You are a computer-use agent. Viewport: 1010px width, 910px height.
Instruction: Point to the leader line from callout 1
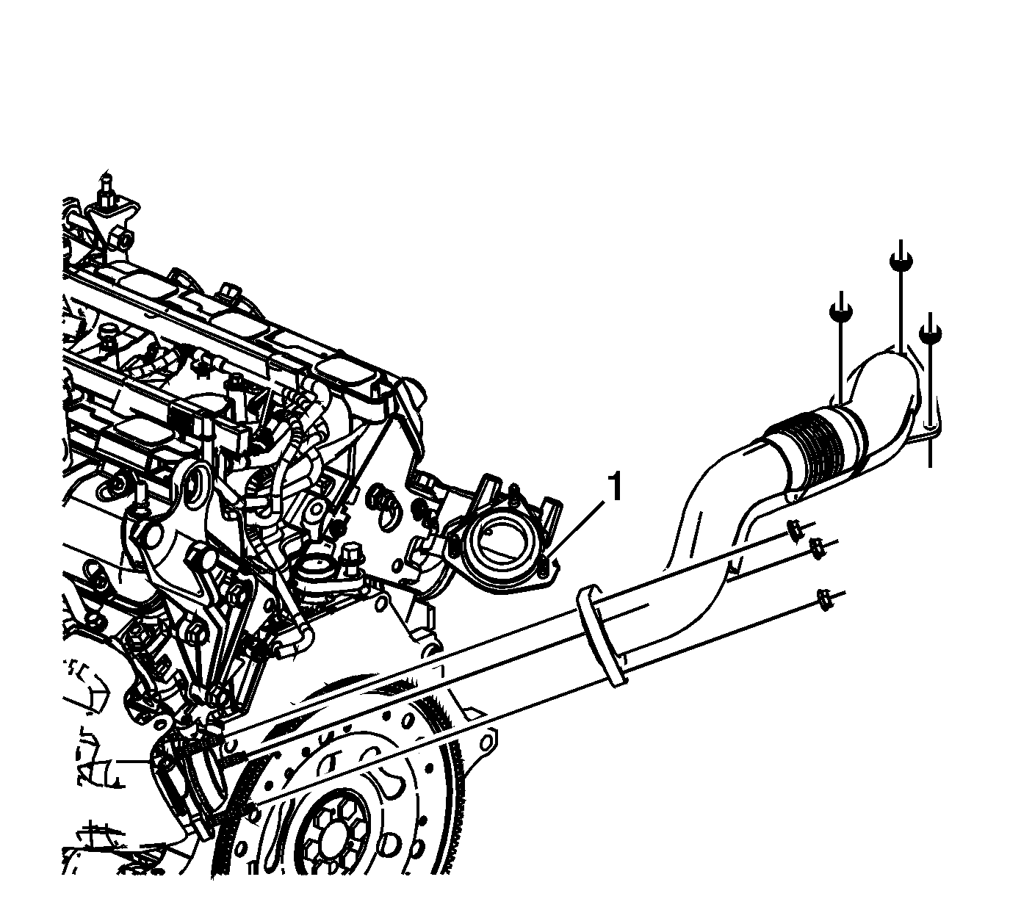(x=578, y=531)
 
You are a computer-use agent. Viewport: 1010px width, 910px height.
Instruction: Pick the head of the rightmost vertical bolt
(x=929, y=333)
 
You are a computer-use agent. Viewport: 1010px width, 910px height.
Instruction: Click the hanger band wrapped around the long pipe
(x=601, y=635)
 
